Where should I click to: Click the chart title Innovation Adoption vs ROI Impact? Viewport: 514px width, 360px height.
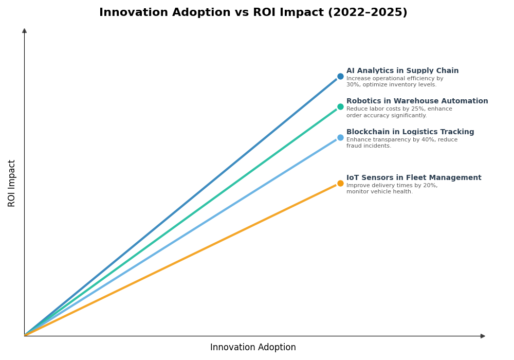(253, 13)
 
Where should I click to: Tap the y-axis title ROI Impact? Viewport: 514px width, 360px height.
(12, 183)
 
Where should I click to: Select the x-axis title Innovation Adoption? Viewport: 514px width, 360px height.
(253, 348)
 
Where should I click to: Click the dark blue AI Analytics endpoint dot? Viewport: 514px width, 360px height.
(340, 77)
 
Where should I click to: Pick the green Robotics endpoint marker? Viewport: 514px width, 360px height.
(340, 107)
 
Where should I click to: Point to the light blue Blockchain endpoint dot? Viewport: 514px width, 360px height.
(340, 138)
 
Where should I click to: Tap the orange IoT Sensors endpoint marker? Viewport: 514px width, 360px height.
(340, 184)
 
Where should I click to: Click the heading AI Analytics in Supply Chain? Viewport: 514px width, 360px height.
(402, 71)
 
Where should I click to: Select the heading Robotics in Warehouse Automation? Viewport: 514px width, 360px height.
(417, 101)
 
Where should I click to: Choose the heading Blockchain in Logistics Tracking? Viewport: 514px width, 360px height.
(410, 132)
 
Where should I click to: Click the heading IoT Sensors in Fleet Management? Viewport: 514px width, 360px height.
(413, 178)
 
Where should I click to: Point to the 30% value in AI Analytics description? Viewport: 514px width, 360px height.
(353, 85)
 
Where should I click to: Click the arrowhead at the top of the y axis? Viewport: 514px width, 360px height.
(24, 31)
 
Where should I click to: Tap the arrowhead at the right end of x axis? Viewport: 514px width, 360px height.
(483, 336)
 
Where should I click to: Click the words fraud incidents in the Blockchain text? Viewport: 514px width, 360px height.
(369, 146)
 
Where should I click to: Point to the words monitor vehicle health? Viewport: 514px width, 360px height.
(379, 192)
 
